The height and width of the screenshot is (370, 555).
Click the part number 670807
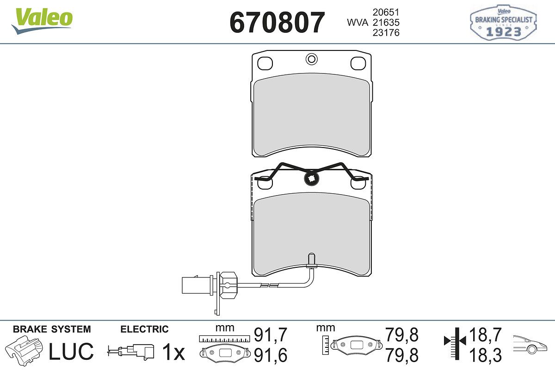277,23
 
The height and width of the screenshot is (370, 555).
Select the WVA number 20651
386,12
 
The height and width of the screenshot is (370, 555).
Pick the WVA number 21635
386,23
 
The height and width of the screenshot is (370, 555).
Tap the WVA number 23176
386,33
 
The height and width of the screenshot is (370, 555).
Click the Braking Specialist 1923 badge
503,22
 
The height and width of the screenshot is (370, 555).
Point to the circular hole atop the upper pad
311,59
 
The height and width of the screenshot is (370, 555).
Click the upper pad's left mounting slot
265,63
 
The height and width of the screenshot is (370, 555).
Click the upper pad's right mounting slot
358,63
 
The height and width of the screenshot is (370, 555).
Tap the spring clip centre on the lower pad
311,178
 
